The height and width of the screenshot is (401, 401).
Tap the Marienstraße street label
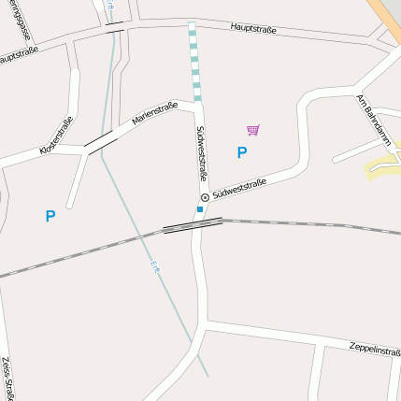154,114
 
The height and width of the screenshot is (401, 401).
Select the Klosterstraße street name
56,136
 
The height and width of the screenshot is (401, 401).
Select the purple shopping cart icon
252,130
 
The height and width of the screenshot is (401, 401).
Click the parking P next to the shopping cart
242,152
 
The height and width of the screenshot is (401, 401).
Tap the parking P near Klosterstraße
50,216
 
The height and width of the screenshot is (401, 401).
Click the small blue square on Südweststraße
199,209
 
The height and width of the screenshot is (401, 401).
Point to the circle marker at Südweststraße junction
205,197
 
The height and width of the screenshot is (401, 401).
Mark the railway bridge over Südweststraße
193,224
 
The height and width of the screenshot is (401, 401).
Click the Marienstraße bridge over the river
99,142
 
